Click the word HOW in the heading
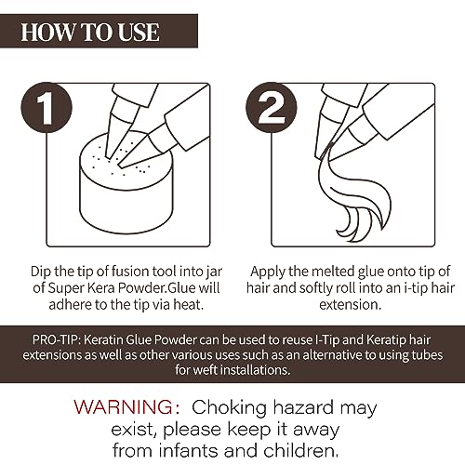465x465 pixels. (47, 32)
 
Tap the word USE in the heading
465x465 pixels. (139, 32)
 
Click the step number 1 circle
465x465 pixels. (46, 108)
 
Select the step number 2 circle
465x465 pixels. (272, 108)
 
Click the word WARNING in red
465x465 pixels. (124, 407)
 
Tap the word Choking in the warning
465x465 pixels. (229, 408)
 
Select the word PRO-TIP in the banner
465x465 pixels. (56, 340)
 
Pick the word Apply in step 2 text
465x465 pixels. (268, 272)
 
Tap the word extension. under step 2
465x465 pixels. (350, 305)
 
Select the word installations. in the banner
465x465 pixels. (255, 370)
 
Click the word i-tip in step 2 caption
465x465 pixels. (417, 288)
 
